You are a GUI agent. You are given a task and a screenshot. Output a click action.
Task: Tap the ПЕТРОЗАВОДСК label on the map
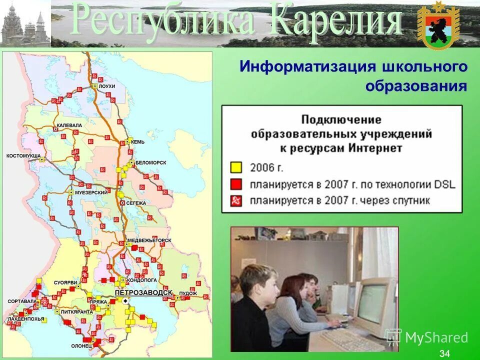click(143, 292)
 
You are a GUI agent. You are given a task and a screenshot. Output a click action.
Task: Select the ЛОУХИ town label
click(107, 86)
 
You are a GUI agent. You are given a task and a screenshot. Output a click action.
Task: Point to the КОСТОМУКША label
click(23, 156)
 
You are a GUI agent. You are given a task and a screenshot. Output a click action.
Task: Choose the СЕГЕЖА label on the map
click(136, 203)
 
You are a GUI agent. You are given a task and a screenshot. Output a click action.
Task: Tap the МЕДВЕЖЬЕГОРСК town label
click(149, 240)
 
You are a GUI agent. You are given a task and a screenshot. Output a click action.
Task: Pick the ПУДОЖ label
click(188, 293)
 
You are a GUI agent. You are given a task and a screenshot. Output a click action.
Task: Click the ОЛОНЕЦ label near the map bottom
click(81, 345)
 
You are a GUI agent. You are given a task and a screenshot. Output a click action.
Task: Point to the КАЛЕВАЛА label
click(69, 125)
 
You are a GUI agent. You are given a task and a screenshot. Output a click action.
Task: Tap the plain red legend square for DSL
click(235, 184)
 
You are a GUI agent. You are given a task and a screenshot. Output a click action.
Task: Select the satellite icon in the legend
click(235, 201)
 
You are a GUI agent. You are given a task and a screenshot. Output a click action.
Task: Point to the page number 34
click(444, 354)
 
